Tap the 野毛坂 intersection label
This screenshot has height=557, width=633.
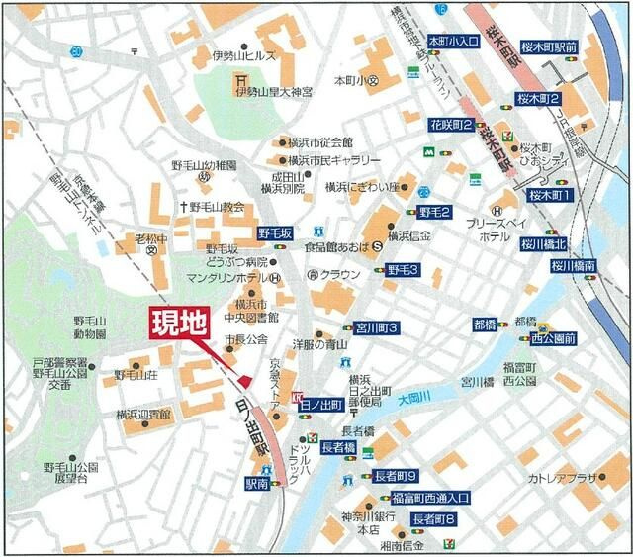click(275, 232)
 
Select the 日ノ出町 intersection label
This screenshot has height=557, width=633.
click(320, 405)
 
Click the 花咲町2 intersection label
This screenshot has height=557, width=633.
click(451, 126)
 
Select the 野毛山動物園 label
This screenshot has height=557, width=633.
click(96, 328)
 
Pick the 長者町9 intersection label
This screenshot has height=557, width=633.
click(396, 476)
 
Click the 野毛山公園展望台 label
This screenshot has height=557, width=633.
click(71, 472)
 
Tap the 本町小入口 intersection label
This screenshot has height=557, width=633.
click(453, 42)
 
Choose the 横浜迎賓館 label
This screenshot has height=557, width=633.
click(143, 415)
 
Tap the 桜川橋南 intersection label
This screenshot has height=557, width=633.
click(575, 265)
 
